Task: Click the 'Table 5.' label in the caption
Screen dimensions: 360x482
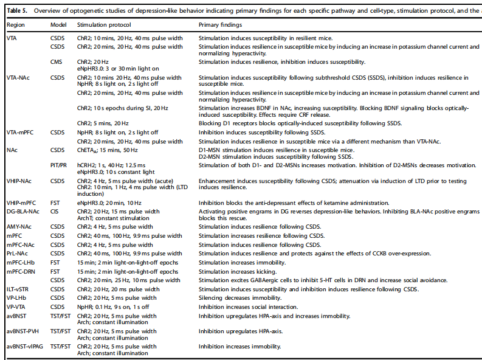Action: click(16, 11)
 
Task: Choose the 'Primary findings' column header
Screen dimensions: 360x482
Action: click(220, 25)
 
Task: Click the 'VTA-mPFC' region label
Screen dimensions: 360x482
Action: click(21, 132)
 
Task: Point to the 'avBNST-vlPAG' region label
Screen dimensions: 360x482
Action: click(26, 346)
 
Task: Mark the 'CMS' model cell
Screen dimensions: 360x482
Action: click(57, 61)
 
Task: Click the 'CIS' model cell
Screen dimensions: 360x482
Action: click(55, 211)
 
